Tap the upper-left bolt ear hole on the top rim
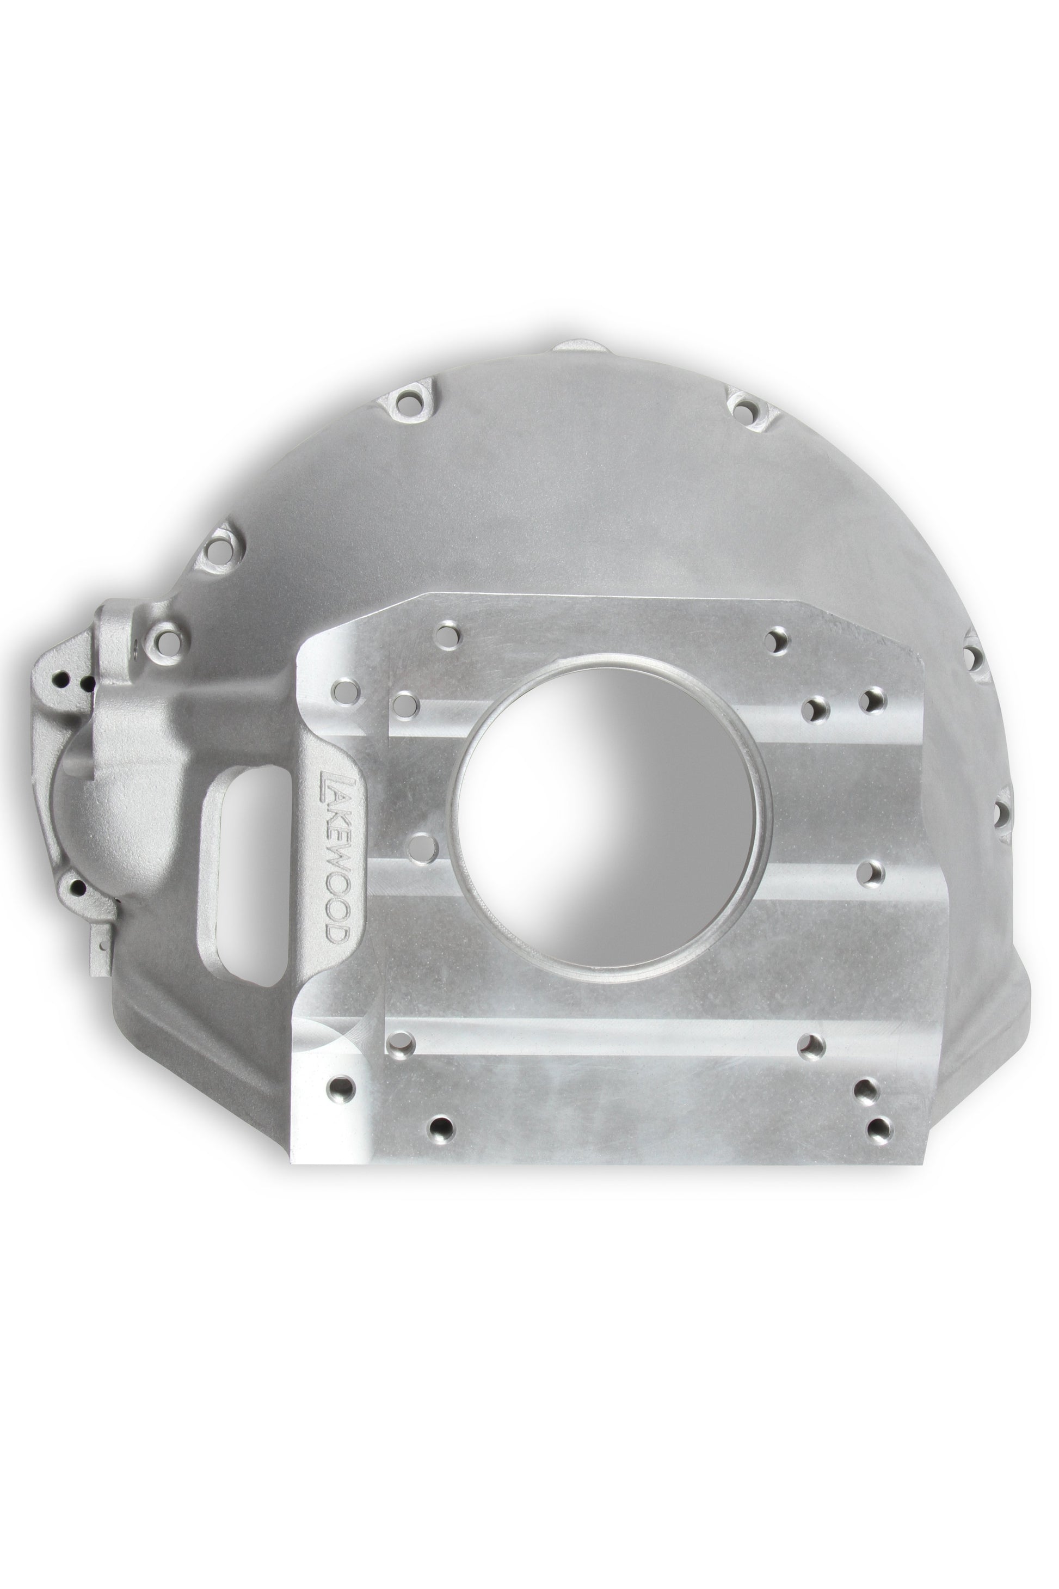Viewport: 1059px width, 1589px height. (410, 402)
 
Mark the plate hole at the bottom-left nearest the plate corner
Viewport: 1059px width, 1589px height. (344, 1087)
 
